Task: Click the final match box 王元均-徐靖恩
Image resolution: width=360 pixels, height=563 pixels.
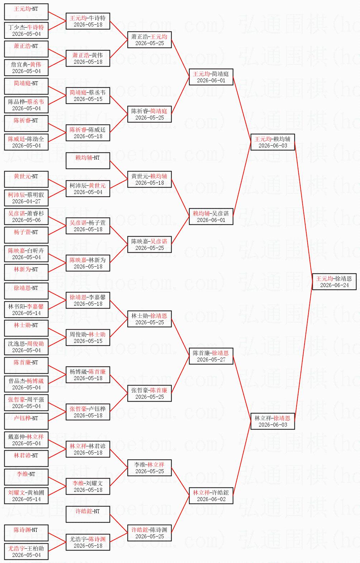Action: pos(334,281)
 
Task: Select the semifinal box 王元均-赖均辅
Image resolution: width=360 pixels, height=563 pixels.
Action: pos(273,142)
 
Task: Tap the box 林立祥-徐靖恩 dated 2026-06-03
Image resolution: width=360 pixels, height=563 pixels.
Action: pos(273,421)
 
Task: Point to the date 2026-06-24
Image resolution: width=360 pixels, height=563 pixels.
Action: pos(334,285)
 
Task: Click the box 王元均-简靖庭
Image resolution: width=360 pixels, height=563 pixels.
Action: pos(211,77)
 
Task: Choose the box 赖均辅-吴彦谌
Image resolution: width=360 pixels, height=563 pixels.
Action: pos(211,217)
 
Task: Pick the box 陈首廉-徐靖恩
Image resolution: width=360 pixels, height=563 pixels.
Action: pos(211,356)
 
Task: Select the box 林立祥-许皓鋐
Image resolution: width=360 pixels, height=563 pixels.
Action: pos(211,496)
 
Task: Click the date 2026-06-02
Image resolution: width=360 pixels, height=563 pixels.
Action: pos(211,499)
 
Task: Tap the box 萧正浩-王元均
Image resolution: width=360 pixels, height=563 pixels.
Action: pos(149,40)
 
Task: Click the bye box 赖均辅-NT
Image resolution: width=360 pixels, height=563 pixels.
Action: pos(88,161)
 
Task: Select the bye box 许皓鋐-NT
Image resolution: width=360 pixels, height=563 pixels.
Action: pos(88,514)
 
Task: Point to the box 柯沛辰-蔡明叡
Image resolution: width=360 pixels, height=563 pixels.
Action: pos(26,198)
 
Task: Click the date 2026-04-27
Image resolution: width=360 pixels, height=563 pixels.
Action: pos(27,201)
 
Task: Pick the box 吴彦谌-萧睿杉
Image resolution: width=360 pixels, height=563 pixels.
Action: pos(26,217)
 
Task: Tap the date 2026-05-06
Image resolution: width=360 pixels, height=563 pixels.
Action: pos(27,220)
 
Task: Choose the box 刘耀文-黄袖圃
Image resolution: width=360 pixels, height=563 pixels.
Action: pos(26,496)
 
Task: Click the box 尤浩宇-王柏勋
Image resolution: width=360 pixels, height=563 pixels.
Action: pos(26,552)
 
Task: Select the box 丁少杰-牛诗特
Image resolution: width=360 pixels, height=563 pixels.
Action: pos(26,30)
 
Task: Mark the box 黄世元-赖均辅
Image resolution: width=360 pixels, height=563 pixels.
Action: pos(149,179)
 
